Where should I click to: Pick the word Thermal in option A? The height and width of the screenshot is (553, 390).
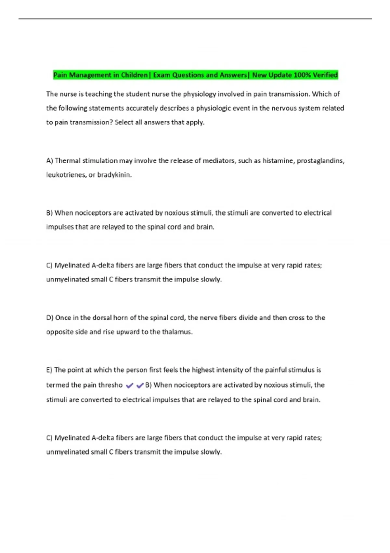coord(68,161)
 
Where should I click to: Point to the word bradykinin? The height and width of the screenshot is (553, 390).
coord(114,175)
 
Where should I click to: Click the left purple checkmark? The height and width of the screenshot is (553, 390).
coord(129,386)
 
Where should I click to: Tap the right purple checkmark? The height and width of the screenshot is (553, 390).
coord(140,386)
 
